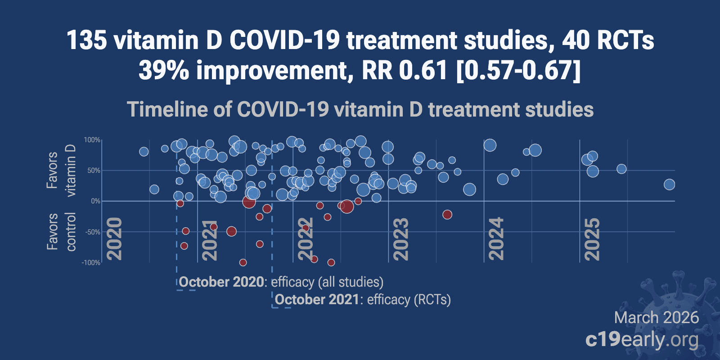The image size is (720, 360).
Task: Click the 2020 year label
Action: pos(115,238)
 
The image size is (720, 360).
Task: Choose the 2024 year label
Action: pos(497,238)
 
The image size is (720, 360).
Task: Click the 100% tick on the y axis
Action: pos(92,140)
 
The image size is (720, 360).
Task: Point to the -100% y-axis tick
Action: pos(91,262)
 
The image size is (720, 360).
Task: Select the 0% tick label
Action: pos(95,201)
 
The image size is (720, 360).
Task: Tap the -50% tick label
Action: pos(92,232)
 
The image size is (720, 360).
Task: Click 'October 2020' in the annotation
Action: pos(221,282)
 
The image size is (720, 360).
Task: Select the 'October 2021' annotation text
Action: pos(317,300)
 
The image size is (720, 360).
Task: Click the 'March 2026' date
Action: pos(656,318)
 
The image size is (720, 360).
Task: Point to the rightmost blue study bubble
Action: pos(670,184)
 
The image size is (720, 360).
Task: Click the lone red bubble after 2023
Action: pos(447,215)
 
